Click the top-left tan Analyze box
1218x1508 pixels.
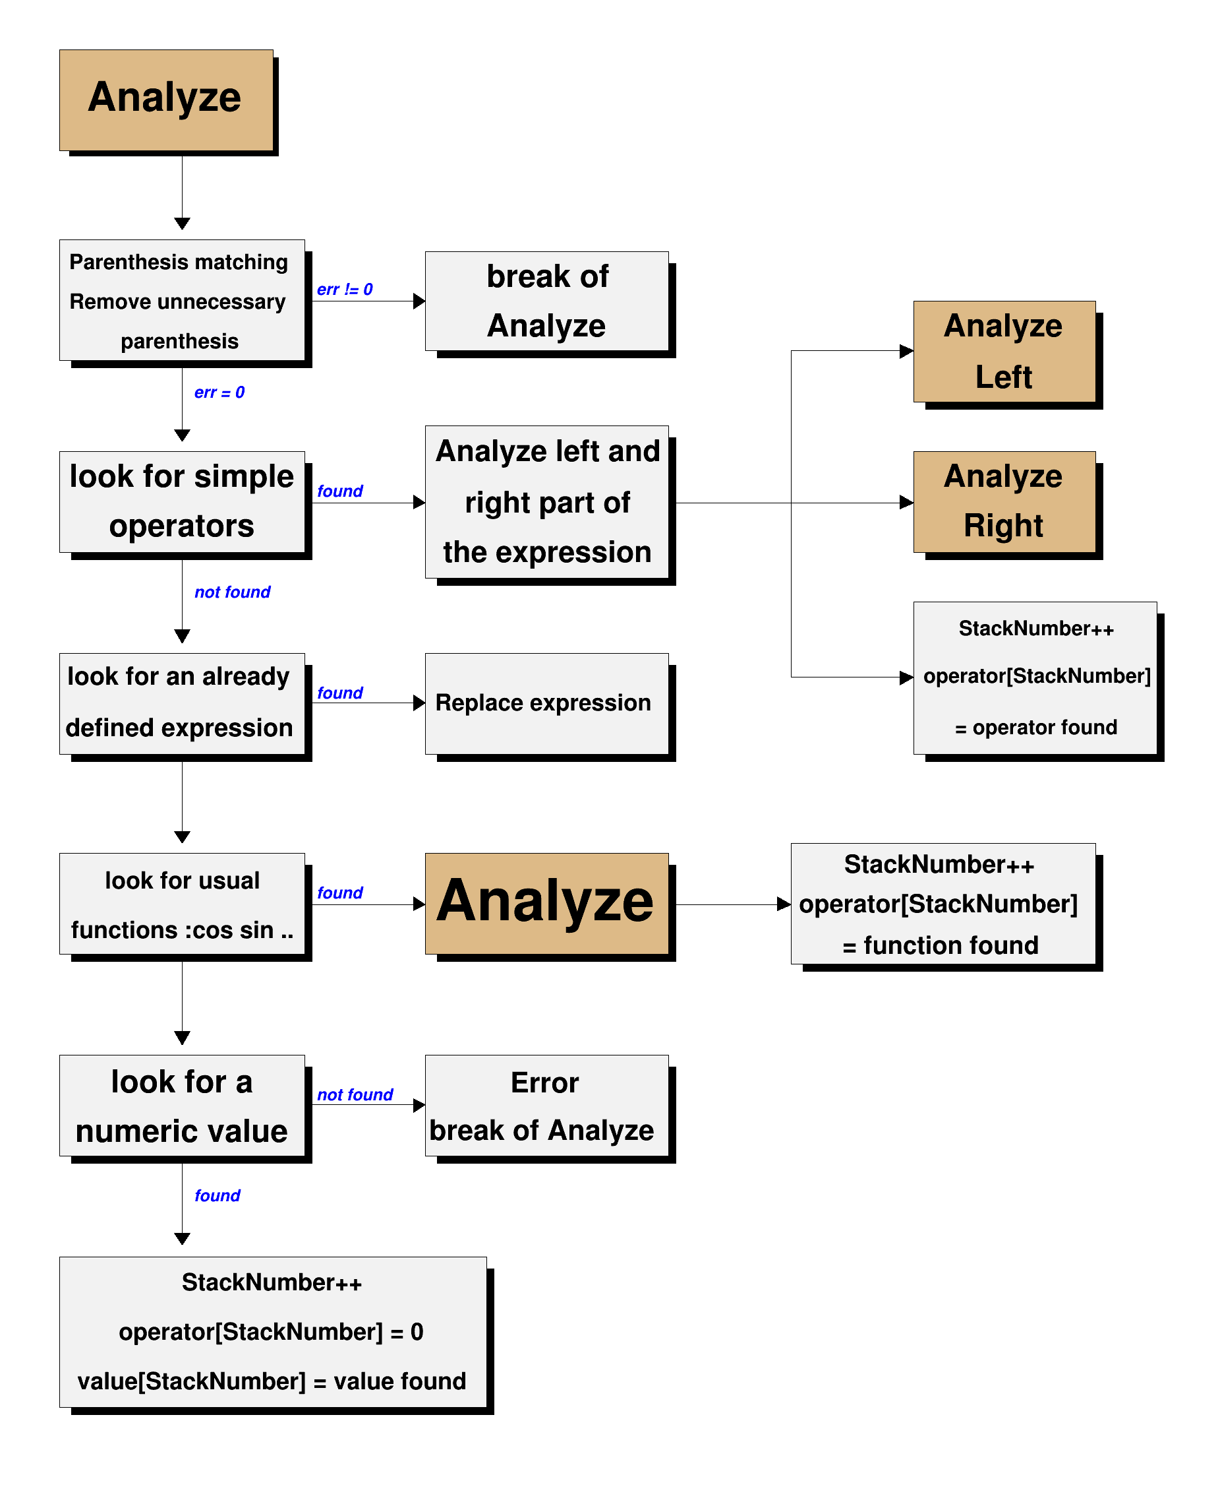tap(166, 100)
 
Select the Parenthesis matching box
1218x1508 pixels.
tap(182, 300)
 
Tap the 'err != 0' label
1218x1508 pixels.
tap(345, 289)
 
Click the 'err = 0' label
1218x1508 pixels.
tap(219, 393)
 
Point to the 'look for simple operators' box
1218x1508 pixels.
tap(182, 501)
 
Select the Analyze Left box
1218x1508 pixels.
tap(1004, 351)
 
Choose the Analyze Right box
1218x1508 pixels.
tap(1004, 501)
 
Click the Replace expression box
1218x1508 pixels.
tap(546, 703)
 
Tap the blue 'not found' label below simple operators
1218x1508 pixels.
tap(232, 592)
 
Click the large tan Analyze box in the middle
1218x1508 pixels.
tap(546, 903)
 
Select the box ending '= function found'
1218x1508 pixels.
tap(942, 904)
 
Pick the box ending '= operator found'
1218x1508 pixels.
tap(1035, 677)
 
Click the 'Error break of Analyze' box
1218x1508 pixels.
tap(546, 1105)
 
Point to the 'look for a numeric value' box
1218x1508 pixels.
tap(182, 1105)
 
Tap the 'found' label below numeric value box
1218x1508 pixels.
tap(217, 1195)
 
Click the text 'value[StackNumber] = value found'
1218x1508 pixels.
tap(272, 1381)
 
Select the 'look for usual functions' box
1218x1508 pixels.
tap(182, 904)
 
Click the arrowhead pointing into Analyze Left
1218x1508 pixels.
tap(906, 351)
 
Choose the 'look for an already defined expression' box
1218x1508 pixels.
tap(182, 703)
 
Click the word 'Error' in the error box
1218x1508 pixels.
tap(544, 1083)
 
